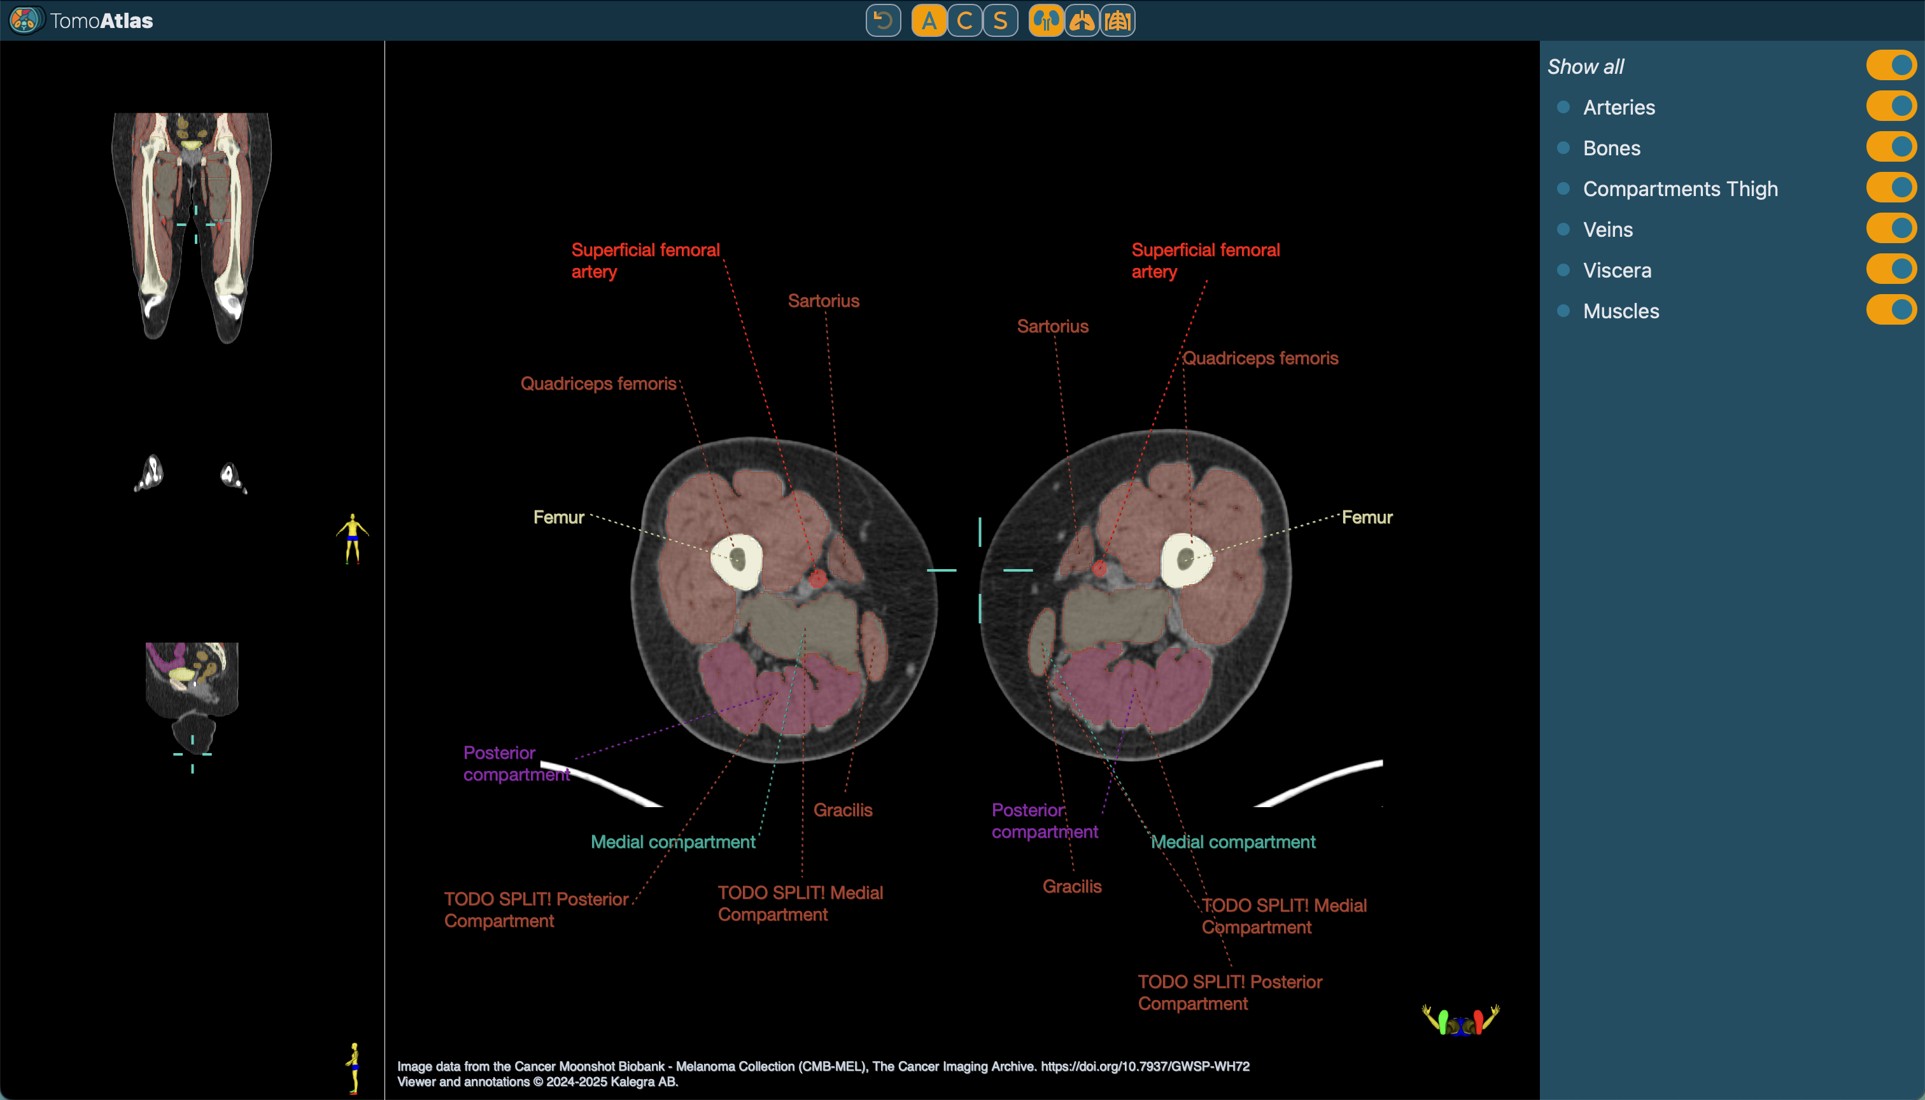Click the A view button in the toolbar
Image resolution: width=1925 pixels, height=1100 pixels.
point(929,20)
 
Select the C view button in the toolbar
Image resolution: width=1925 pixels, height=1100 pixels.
point(964,20)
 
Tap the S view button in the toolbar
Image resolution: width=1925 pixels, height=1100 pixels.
point(1000,20)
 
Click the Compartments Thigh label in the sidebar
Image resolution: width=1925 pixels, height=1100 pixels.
point(1679,189)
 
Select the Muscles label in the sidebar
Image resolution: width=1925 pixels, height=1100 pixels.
point(1621,311)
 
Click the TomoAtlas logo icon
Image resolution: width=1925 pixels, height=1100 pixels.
point(24,20)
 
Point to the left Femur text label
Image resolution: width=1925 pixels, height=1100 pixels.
point(558,518)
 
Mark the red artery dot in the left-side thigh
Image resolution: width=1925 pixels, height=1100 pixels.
point(817,579)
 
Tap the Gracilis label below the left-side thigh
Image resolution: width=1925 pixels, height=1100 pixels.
point(842,810)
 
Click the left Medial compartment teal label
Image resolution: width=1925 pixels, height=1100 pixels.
point(672,842)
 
